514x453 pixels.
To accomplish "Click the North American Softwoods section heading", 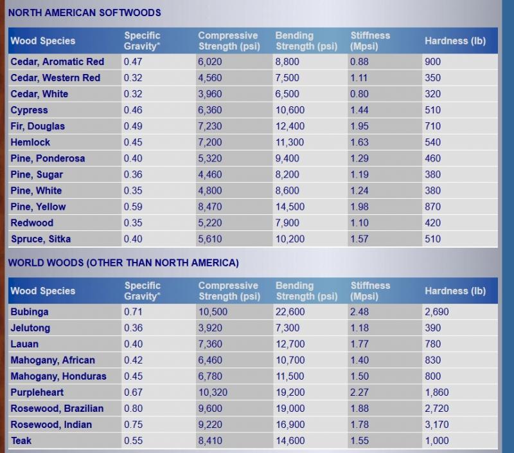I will pos(85,12).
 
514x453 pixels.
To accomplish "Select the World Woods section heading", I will pos(123,263).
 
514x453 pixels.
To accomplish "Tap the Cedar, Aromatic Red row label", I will pos(57,62).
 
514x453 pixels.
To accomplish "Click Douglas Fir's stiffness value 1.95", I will pos(359,126).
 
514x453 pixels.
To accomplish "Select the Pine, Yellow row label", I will pos(38,207).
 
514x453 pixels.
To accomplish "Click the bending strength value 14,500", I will pos(290,207).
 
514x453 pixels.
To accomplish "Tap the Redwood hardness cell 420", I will pos(432,223).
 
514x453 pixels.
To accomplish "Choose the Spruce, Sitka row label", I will pos(40,239).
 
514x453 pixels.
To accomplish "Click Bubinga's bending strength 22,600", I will pos(290,312).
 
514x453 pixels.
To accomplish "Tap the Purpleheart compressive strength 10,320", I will pos(213,393).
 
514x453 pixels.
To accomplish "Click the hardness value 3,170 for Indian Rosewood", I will pos(436,425).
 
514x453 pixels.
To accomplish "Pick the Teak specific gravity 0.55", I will pos(133,441).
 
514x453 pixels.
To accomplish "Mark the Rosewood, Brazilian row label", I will pos(57,409).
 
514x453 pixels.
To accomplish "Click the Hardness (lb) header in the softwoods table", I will pos(455,41).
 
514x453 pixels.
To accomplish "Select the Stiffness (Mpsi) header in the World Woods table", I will pos(370,291).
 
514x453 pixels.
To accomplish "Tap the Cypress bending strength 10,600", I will pos(290,110).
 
